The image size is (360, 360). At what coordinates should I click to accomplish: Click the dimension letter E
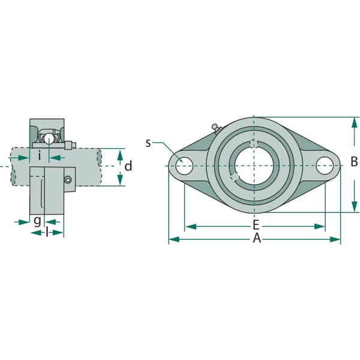click(256, 225)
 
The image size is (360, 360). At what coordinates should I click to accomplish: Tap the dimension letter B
click(354, 161)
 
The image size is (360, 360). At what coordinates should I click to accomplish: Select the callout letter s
click(148, 143)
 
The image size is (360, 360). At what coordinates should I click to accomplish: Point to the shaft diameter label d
click(128, 166)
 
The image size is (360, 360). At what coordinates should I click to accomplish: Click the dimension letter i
click(40, 155)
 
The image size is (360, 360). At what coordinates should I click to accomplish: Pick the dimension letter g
click(37, 221)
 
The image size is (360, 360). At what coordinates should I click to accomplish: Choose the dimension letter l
click(47, 233)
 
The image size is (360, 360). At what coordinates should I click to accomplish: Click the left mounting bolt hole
click(184, 166)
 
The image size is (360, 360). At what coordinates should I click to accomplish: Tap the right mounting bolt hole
click(325, 166)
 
